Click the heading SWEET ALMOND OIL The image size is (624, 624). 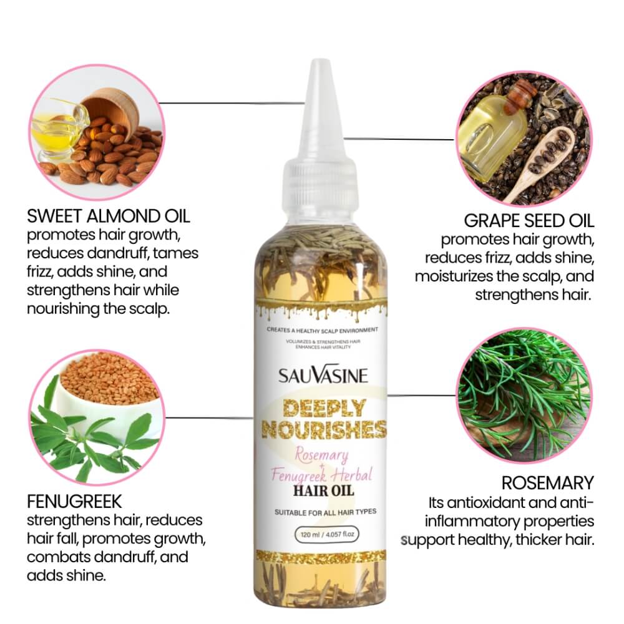tap(108, 217)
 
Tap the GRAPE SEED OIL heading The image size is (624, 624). tap(529, 220)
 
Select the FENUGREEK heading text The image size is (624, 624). tap(74, 501)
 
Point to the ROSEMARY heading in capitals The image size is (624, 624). tap(547, 482)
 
